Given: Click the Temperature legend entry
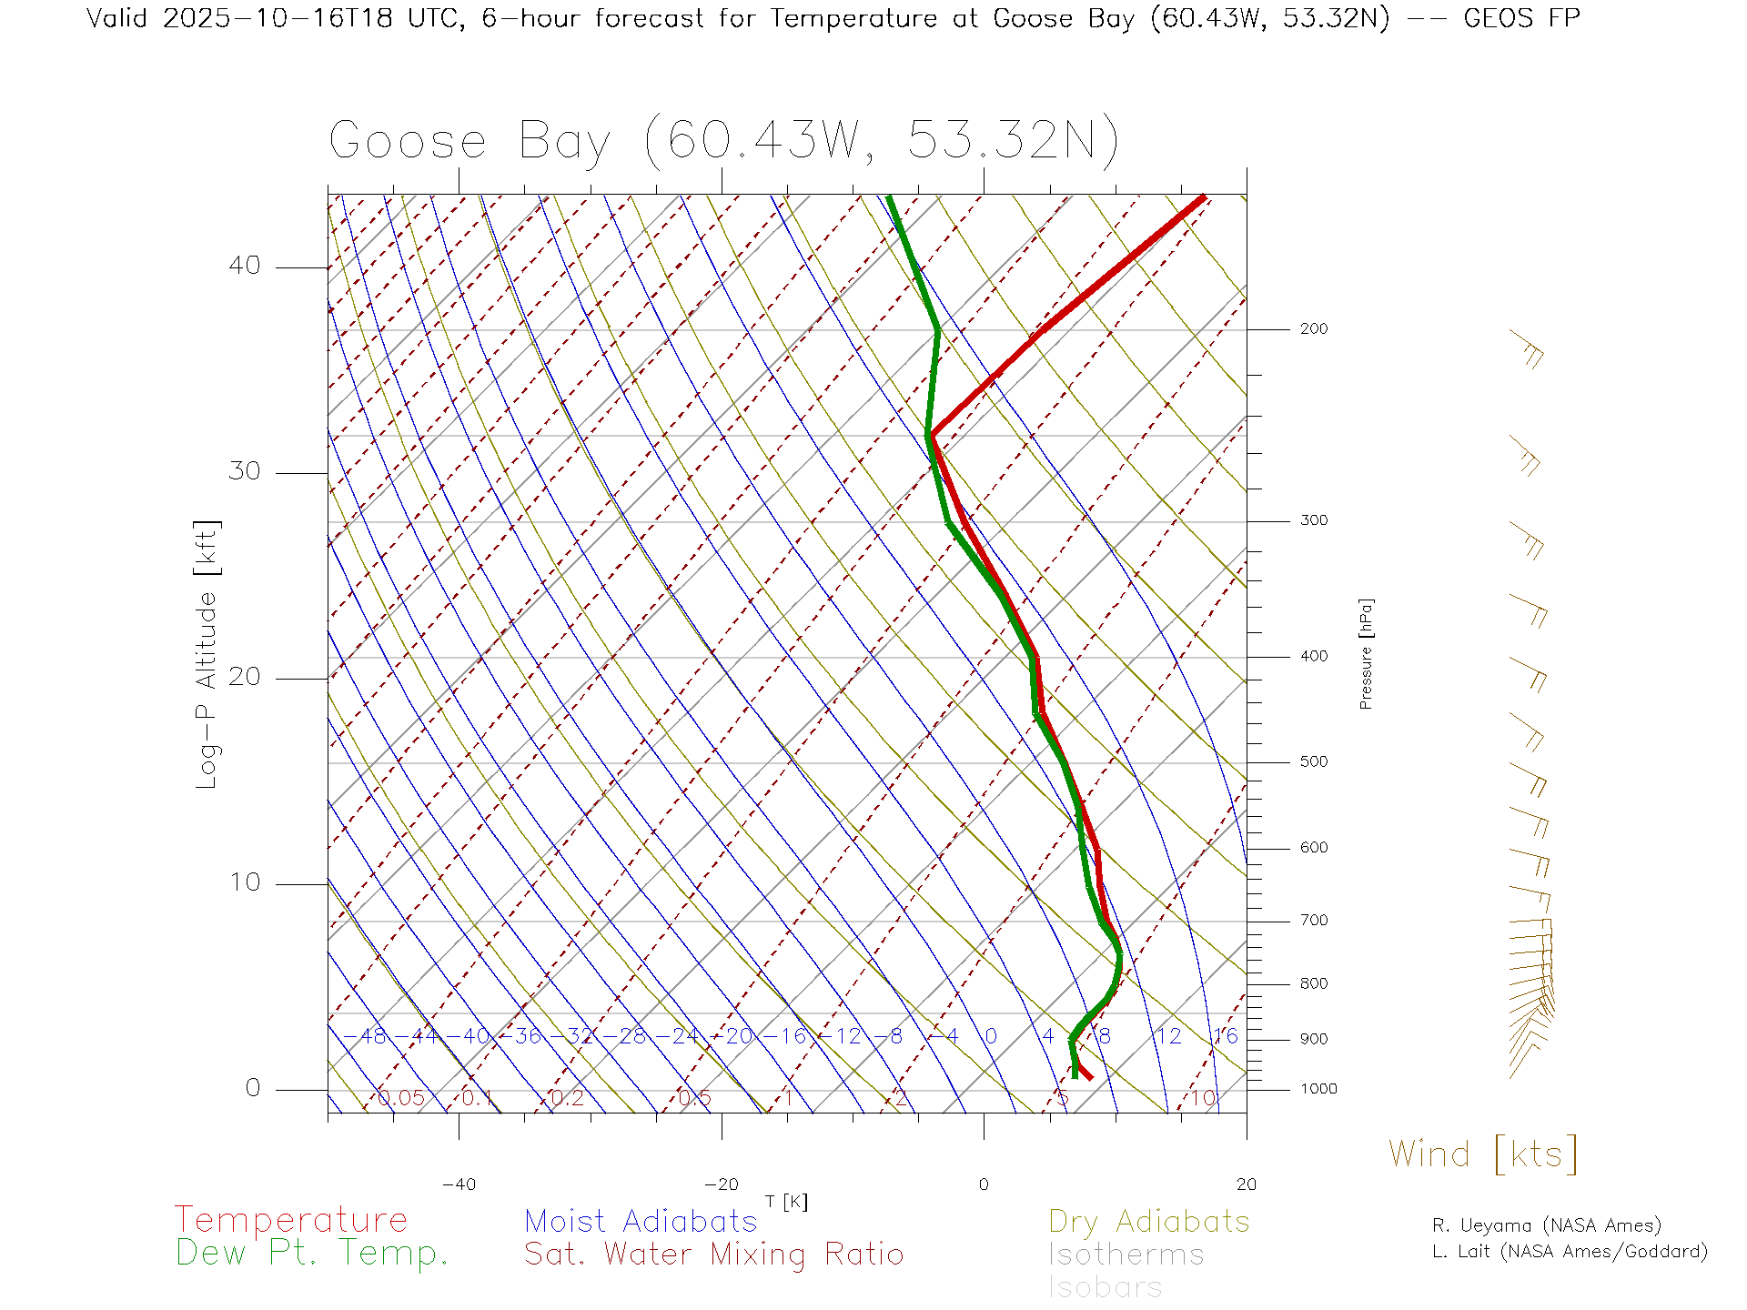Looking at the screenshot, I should click(291, 1219).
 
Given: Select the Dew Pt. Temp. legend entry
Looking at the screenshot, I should click(312, 1254).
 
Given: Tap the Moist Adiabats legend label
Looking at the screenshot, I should click(641, 1221).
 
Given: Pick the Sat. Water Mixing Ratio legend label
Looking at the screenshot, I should click(713, 1254).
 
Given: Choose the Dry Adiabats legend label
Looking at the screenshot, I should click(1149, 1221).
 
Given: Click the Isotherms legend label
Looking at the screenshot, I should click(1126, 1255).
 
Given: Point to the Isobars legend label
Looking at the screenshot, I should click(1106, 1287).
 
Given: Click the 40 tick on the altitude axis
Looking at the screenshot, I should click(244, 266).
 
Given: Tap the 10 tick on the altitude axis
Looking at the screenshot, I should click(244, 882).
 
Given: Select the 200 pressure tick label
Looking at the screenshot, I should click(1314, 328).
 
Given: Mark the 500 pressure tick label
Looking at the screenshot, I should click(1314, 761).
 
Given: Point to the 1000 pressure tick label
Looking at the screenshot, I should click(1318, 1089).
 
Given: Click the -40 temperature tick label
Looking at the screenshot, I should click(459, 1184).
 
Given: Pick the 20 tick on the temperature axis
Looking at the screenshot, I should click(1246, 1184).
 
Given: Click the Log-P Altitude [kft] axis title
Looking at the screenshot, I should click(207, 655).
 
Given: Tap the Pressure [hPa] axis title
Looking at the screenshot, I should click(1366, 654).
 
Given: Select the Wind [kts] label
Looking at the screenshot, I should click(1483, 1154).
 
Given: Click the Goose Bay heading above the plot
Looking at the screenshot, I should click(723, 141).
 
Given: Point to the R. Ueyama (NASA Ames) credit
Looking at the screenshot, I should click(1546, 1225).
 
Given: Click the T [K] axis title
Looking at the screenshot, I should click(786, 1203).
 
